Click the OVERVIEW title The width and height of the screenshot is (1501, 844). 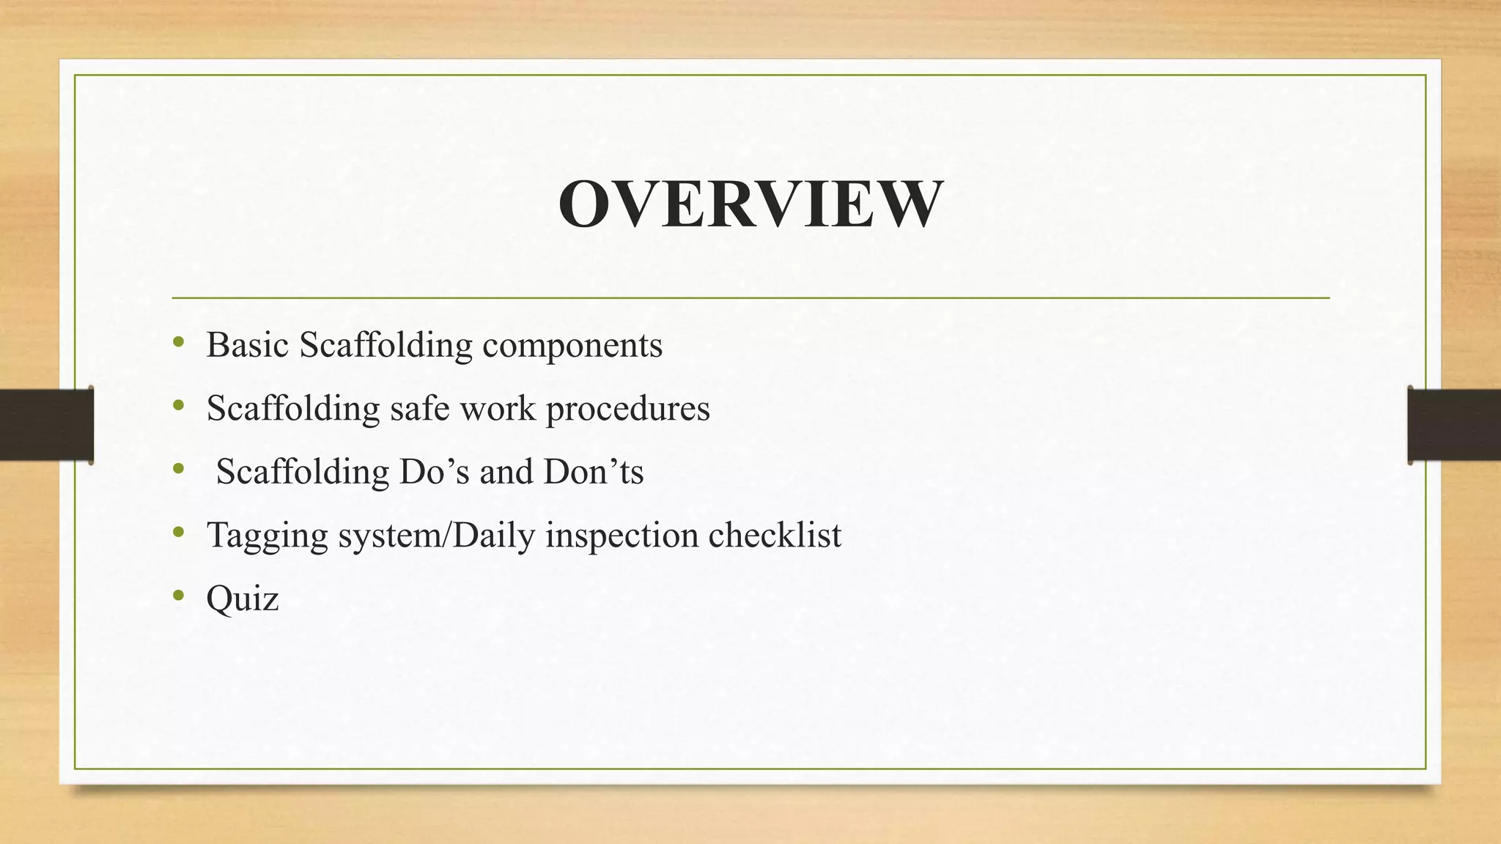tap(750, 204)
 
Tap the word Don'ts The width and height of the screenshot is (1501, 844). tap(593, 472)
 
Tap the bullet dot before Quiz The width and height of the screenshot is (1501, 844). tap(179, 596)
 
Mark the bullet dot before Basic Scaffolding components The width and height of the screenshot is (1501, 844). tap(179, 342)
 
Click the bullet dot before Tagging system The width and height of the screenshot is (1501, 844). tap(179, 533)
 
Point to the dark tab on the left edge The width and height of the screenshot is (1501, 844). tap(46, 425)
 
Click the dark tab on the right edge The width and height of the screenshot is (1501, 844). tap(1454, 425)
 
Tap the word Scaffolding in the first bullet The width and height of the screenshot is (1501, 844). tap(386, 345)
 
